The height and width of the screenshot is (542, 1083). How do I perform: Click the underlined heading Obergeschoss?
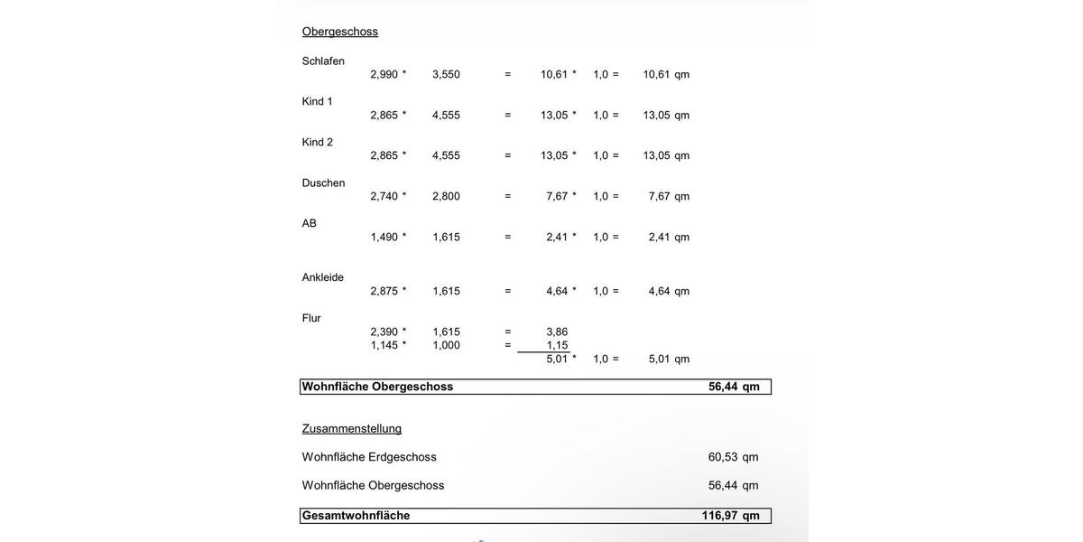pos(339,32)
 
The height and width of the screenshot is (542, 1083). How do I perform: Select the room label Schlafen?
pos(323,61)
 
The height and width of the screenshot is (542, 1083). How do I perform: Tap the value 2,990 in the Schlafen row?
pos(384,74)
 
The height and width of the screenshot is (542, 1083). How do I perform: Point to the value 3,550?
pos(446,74)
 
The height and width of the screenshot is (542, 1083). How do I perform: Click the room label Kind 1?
pos(317,101)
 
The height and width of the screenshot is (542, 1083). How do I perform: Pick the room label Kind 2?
pos(317,142)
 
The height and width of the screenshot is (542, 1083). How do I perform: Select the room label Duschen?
pos(323,182)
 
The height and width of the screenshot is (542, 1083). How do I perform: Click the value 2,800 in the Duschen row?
pos(446,196)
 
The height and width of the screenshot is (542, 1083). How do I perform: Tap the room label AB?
pos(309,223)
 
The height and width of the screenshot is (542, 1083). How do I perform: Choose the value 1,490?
pos(384,237)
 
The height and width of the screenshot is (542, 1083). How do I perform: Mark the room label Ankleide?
pos(322,277)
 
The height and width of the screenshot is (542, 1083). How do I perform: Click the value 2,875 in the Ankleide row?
pos(384,291)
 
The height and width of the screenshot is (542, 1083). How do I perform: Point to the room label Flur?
pos(311,318)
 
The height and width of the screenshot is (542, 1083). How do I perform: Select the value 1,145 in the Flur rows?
pos(384,345)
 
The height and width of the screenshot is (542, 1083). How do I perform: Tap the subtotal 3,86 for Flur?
pos(557,332)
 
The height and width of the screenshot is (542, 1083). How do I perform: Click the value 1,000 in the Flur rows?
pos(446,345)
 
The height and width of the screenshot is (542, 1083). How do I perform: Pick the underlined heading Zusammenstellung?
pos(351,428)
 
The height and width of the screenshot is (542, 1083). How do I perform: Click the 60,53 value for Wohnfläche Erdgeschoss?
pos(723,457)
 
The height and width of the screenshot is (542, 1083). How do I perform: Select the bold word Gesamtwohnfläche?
pos(356,516)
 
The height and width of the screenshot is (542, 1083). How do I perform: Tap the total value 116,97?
pos(719,516)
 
